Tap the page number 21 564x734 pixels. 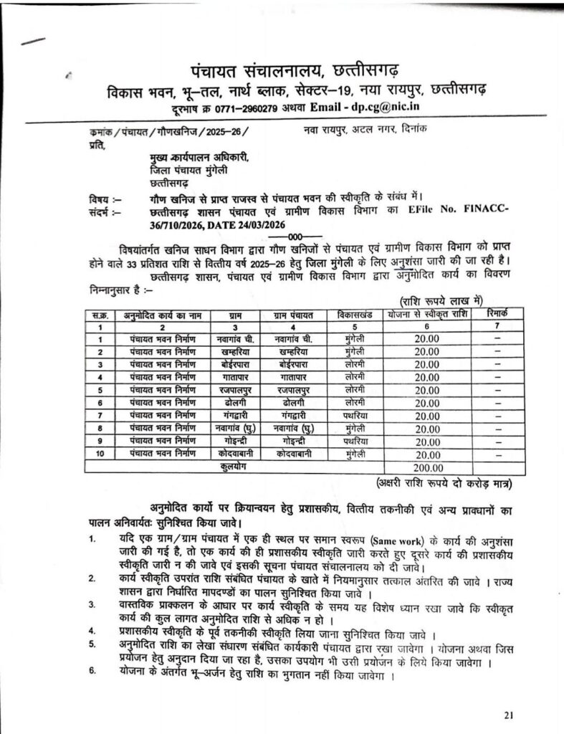(509, 715)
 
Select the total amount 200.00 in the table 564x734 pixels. (426, 467)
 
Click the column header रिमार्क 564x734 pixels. (496, 313)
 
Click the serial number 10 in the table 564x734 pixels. (101, 454)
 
